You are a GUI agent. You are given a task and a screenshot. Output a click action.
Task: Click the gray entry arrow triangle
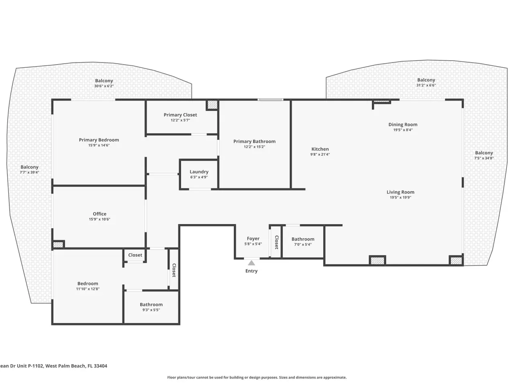pos(251,263)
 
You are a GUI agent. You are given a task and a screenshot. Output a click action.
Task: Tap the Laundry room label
pos(199,172)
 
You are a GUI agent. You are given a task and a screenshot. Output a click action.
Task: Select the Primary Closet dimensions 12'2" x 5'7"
pos(180,120)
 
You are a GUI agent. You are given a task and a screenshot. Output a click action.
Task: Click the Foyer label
pos(253,239)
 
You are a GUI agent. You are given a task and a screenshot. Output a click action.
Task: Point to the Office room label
pos(100,214)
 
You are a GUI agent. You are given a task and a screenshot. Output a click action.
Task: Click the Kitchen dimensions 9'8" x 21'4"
pos(320,154)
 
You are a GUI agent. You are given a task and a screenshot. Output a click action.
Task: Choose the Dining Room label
pos(403,125)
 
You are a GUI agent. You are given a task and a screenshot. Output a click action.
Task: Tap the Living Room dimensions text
pos(400,197)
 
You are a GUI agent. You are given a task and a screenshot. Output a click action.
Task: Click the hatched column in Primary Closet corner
pos(212,105)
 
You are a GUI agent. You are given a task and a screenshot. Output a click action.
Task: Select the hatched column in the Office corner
pos(58,245)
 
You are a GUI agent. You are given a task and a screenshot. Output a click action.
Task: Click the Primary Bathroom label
pos(255,142)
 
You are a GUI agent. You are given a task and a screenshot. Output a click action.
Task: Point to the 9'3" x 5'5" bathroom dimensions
pos(151,310)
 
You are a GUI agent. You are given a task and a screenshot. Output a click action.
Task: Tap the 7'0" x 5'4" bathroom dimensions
pos(303,245)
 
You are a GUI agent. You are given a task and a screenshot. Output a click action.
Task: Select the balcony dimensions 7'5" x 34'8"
pos(484,158)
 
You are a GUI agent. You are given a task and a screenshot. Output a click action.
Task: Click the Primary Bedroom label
pos(99,140)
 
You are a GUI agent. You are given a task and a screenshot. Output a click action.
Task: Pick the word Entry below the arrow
pos(251,271)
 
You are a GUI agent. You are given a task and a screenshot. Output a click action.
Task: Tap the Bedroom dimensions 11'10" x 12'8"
pos(88,289)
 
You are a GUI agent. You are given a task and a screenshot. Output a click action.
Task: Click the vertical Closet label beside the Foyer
pos(277,242)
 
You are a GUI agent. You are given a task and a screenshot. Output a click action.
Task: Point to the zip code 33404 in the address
pos(100,366)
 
